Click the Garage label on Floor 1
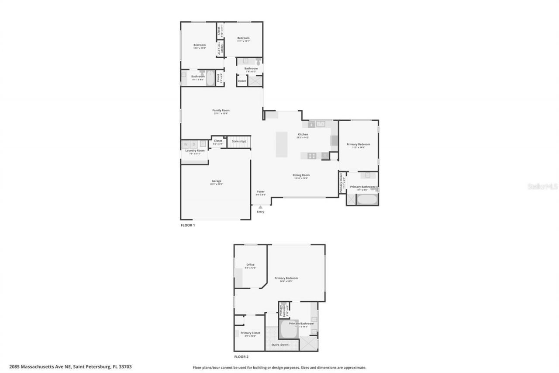pyautogui.click(x=216, y=181)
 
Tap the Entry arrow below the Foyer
pyautogui.click(x=261, y=207)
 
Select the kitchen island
pyautogui.click(x=282, y=144)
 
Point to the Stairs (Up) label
pyautogui.click(x=239, y=141)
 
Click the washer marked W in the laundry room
pyautogui.click(x=186, y=144)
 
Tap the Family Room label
pyautogui.click(x=221, y=110)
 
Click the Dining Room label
pyautogui.click(x=301, y=175)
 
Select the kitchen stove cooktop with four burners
pyautogui.click(x=312, y=155)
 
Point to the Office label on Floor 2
pyautogui.click(x=250, y=265)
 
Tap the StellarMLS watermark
pyautogui.click(x=543, y=186)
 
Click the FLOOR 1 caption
pyautogui.click(x=188, y=225)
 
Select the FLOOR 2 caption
pyautogui.click(x=241, y=357)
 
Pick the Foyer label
pyautogui.click(x=261, y=192)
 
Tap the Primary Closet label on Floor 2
pyautogui.click(x=250, y=333)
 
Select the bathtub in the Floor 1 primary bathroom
pyautogui.click(x=367, y=199)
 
